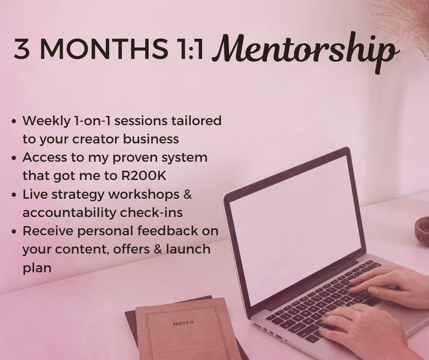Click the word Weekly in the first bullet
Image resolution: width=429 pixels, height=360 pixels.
(44, 121)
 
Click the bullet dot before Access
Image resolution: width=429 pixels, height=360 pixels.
(14, 158)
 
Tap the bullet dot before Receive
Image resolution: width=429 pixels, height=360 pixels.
(14, 231)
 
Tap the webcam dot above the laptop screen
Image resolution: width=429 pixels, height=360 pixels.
(291, 174)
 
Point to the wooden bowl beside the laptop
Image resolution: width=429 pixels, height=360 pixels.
(422, 231)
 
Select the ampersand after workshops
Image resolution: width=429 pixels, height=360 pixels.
(187, 194)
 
